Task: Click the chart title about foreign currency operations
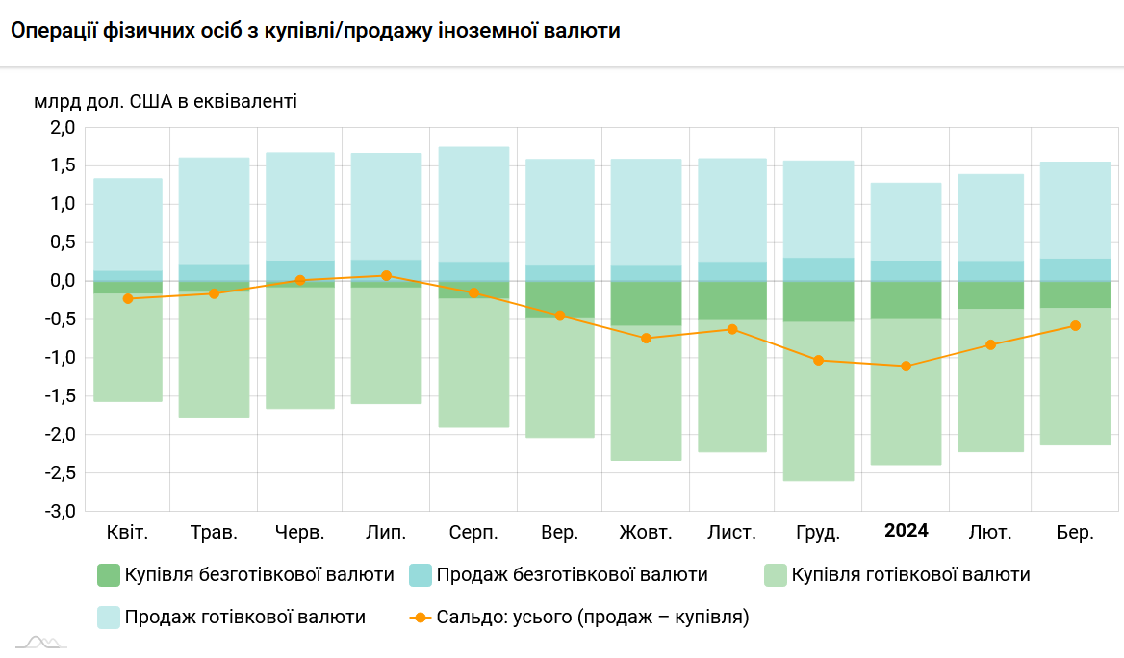click(315, 31)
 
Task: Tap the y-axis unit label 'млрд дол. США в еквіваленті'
click(166, 100)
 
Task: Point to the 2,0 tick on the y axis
click(63, 128)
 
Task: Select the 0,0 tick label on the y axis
click(63, 281)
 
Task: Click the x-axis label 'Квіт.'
click(127, 532)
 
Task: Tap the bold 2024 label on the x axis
click(907, 531)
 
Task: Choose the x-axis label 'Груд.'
click(819, 532)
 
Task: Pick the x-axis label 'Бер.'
click(1075, 532)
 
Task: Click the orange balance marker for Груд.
click(819, 361)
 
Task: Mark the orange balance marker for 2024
click(906, 367)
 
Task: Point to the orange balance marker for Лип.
click(386, 276)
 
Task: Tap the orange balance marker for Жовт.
click(646, 339)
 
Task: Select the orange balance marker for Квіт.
click(128, 298)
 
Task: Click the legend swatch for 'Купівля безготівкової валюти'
click(109, 575)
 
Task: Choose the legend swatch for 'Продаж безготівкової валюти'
click(421, 575)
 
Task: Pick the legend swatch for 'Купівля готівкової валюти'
click(775, 575)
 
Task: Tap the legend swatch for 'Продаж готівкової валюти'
click(109, 618)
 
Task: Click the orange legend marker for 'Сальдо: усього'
click(420, 618)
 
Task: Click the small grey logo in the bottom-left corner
click(40, 643)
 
